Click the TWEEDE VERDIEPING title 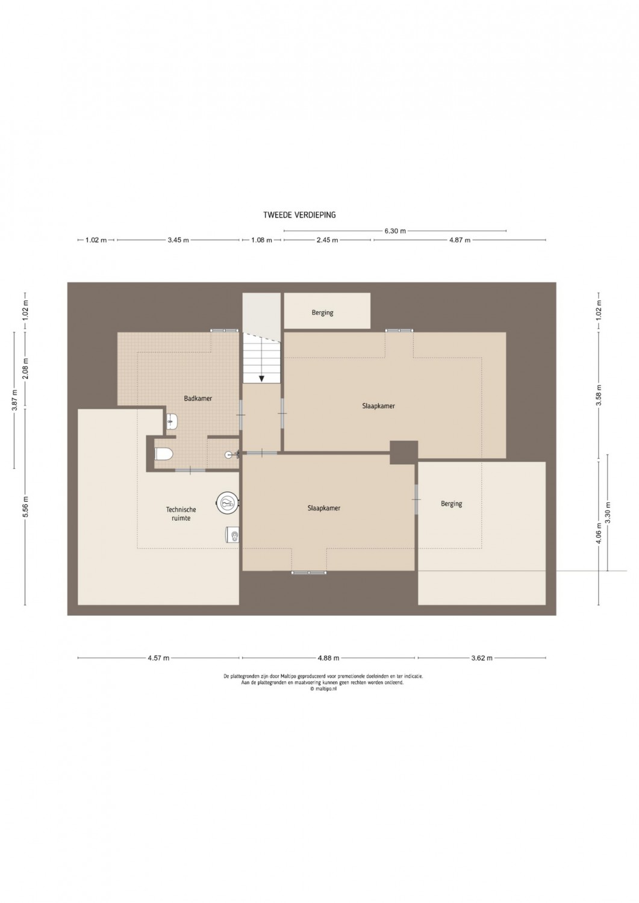299,216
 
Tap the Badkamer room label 198,399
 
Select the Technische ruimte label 181,514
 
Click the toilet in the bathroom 164,454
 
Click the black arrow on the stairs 261,378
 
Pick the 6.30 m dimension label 395,231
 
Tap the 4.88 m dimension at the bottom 328,658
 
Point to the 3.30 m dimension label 608,512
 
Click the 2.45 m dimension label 327,240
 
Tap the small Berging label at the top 322,312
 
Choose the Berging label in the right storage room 452,503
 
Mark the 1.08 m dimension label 261,240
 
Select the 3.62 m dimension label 482,658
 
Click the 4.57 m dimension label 158,658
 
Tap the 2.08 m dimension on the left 25,368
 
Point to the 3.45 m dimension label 178,240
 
